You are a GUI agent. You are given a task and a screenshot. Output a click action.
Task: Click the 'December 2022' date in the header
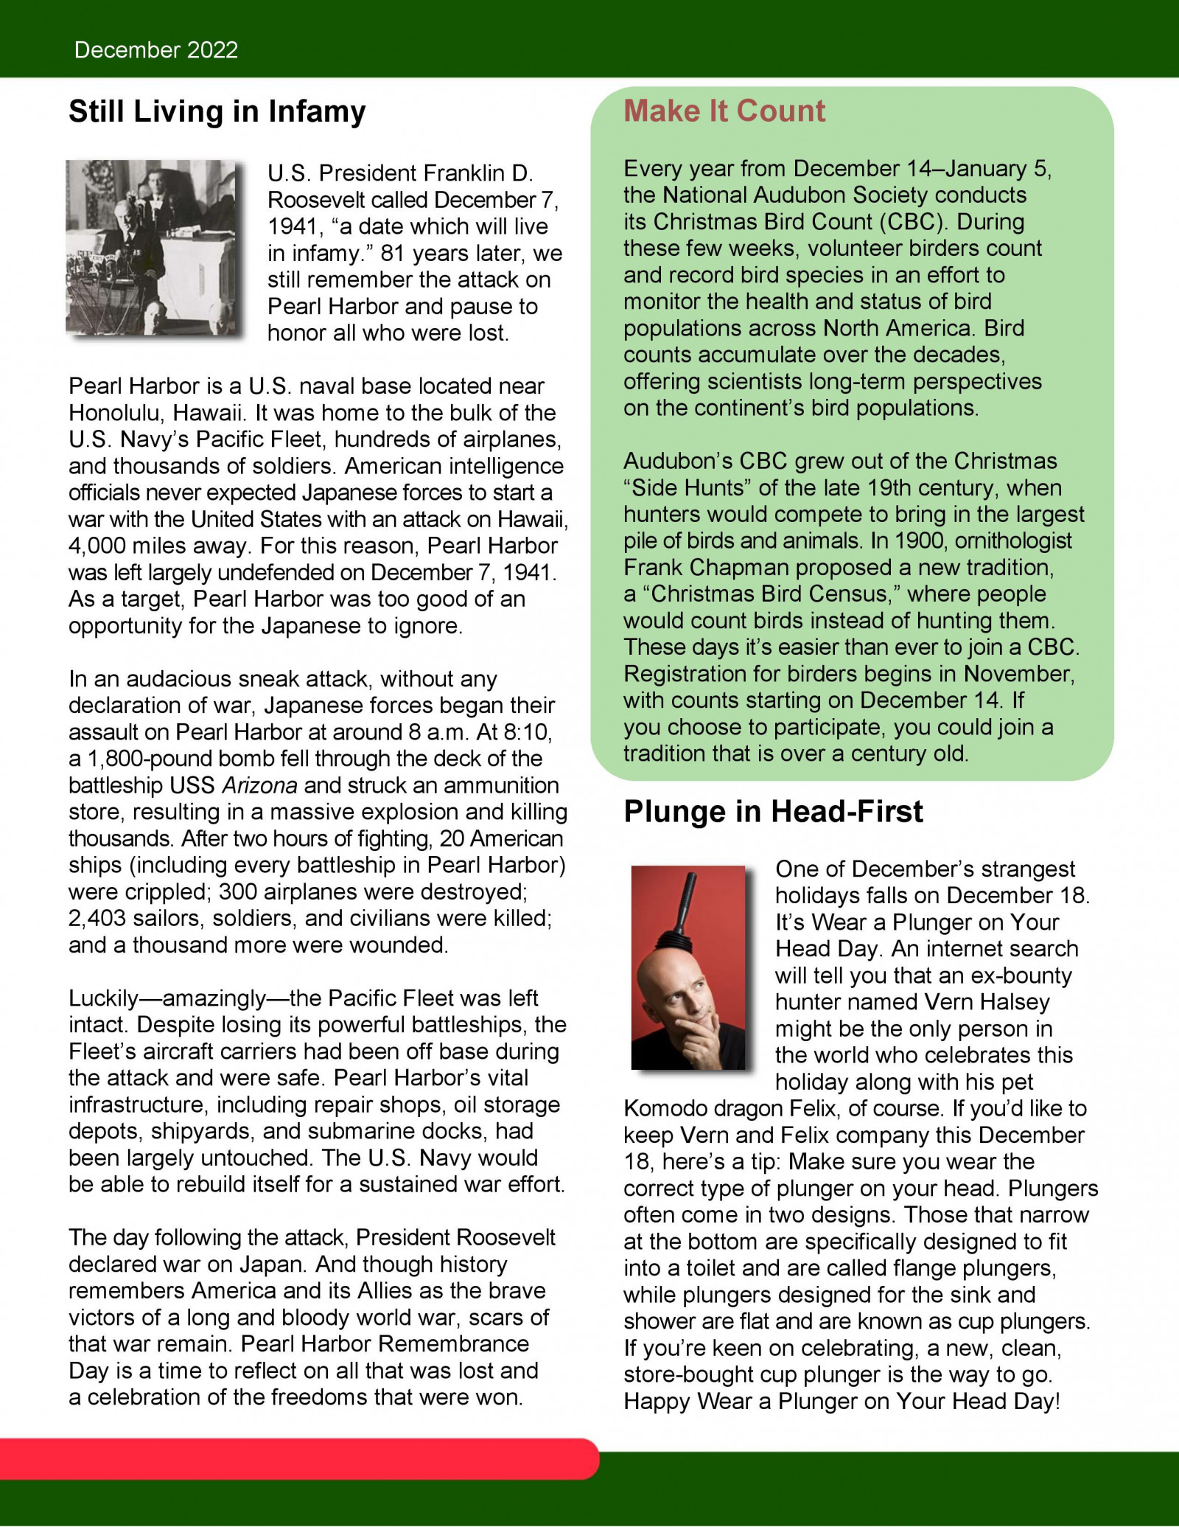pos(156,50)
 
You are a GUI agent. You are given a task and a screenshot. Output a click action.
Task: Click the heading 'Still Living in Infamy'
pos(217,112)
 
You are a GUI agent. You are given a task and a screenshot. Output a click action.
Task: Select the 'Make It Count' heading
pos(724,111)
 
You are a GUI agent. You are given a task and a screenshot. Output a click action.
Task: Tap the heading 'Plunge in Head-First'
pos(773,812)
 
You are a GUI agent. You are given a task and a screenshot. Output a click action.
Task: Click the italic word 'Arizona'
pos(259,785)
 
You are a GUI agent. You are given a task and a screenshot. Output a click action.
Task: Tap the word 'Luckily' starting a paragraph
pos(103,998)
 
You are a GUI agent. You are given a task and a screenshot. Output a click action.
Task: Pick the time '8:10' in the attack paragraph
pos(528,732)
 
